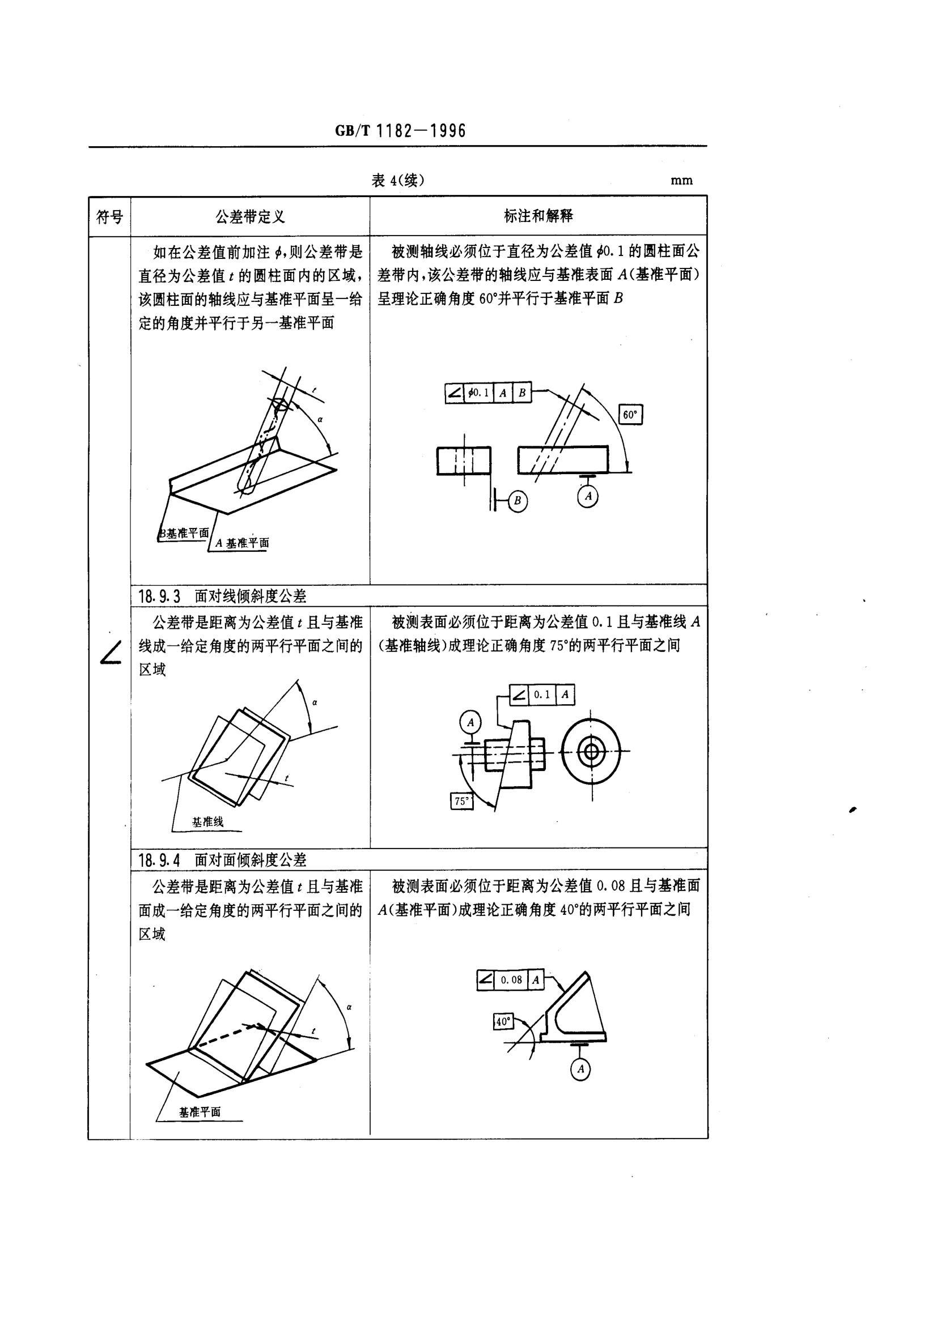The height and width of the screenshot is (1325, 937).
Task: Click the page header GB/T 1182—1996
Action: click(x=400, y=131)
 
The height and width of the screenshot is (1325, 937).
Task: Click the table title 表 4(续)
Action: click(x=398, y=181)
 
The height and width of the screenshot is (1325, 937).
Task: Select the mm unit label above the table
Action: click(x=681, y=181)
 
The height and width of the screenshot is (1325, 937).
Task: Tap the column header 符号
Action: click(x=109, y=217)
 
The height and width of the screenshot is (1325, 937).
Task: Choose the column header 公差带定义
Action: click(x=250, y=217)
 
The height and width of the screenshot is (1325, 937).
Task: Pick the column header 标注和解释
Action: click(x=538, y=216)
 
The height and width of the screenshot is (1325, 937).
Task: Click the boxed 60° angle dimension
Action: click(x=630, y=414)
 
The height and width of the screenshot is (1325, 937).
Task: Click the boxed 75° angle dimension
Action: click(x=461, y=802)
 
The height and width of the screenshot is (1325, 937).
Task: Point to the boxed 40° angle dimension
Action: click(x=503, y=1021)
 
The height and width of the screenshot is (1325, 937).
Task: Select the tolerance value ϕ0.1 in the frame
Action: click(x=479, y=393)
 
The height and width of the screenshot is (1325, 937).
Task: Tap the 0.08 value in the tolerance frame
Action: click(x=511, y=979)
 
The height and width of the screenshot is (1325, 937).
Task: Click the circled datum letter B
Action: click(x=518, y=501)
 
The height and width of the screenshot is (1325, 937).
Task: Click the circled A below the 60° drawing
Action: click(x=588, y=496)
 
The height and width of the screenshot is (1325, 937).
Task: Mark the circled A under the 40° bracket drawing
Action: click(x=580, y=1070)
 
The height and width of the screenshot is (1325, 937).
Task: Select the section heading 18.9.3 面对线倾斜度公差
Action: click(x=223, y=595)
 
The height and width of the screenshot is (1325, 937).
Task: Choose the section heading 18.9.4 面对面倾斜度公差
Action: click(x=223, y=860)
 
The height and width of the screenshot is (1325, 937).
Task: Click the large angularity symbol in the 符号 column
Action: click(x=110, y=654)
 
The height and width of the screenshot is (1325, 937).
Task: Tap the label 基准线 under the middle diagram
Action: click(x=207, y=822)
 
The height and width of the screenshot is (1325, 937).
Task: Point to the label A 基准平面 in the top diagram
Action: click(x=242, y=543)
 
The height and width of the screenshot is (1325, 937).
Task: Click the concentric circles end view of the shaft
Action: click(x=591, y=752)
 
